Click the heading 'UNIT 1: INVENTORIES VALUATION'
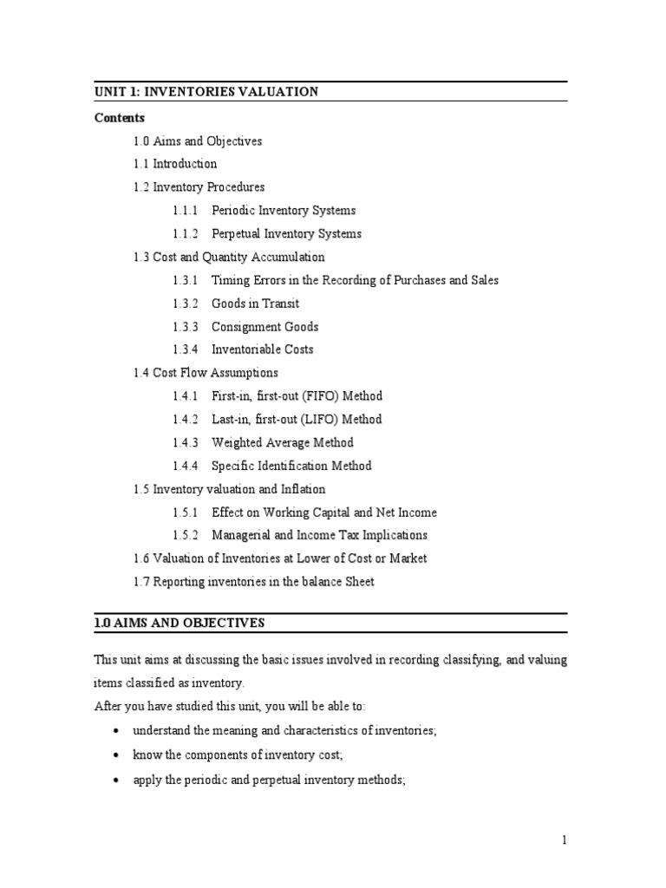point(206,92)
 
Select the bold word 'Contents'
point(120,118)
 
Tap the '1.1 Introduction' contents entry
point(175,164)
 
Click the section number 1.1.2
point(185,234)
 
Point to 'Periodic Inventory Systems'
point(284,211)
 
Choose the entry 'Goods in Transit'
point(256,304)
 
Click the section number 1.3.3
point(185,327)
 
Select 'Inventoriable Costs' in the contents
point(263,350)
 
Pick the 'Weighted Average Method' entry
point(283,443)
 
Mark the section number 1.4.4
point(185,467)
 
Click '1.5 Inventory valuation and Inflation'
point(229,489)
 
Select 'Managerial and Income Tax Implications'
point(319,536)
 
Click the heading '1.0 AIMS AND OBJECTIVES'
point(180,624)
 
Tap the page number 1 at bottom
point(564,839)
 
